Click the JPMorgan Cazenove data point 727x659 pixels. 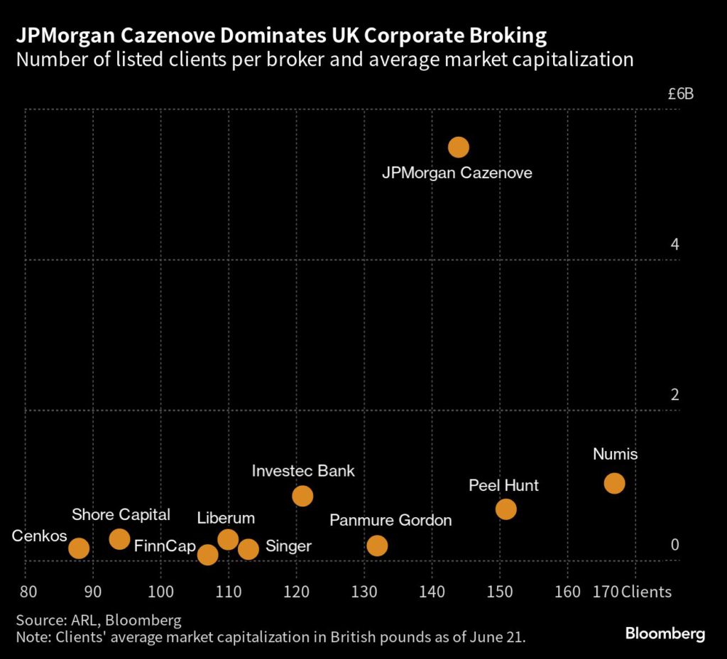(459, 147)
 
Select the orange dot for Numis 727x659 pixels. (614, 483)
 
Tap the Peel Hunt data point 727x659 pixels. (505, 509)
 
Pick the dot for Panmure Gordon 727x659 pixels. (377, 546)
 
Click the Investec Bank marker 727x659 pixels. (302, 496)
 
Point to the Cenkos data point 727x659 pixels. (79, 548)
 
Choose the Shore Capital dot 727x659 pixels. (120, 539)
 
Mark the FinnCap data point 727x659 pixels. (207, 554)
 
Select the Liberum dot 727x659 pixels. (228, 539)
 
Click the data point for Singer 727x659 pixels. (248, 548)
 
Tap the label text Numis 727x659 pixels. (616, 455)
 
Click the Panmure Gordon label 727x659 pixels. (390, 521)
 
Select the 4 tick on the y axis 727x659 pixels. (675, 245)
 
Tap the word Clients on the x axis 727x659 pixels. (646, 592)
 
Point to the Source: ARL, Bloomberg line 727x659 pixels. (99, 619)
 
